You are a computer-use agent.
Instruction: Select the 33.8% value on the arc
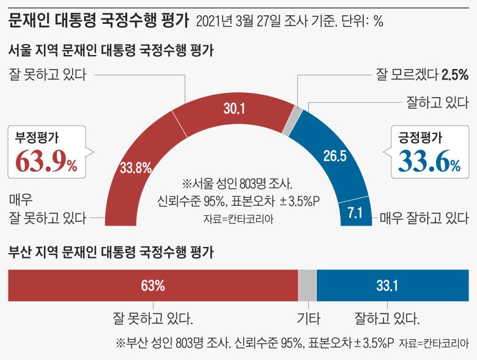click(x=136, y=167)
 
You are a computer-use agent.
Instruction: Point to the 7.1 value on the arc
click(x=355, y=213)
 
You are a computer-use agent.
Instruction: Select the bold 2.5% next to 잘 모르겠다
click(x=455, y=75)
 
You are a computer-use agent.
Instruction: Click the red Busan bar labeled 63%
click(x=152, y=285)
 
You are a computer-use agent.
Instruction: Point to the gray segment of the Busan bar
click(x=307, y=285)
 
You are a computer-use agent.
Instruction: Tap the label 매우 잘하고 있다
click(x=424, y=217)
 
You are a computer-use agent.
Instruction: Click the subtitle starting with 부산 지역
click(x=110, y=251)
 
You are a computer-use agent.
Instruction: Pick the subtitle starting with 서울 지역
click(x=110, y=51)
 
